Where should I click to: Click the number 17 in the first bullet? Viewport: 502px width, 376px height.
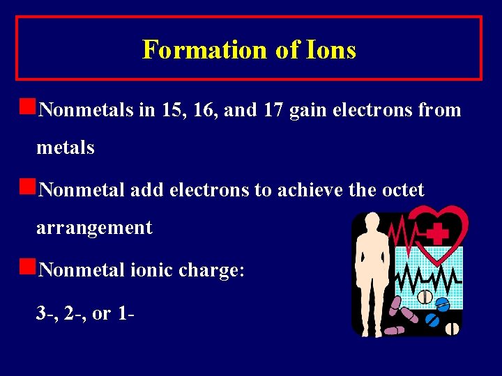[x=272, y=110]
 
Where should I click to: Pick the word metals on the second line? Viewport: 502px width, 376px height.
[x=66, y=148]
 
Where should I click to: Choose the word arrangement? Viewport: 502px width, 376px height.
[x=94, y=228]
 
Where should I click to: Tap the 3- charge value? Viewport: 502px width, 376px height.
[x=45, y=313]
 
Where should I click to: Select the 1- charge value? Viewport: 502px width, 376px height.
[x=126, y=313]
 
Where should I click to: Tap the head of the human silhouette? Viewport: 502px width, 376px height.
[x=370, y=224]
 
